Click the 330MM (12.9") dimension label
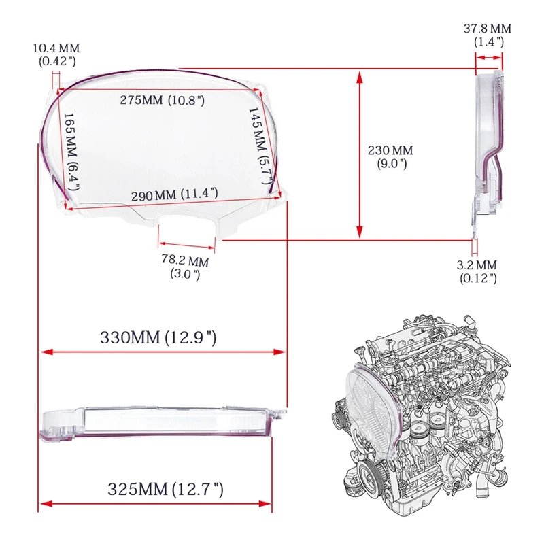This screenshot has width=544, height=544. [158, 337]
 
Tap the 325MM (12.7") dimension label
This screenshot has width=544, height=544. [165, 488]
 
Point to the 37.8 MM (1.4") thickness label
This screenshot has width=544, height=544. [488, 35]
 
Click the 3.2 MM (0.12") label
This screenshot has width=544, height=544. [477, 271]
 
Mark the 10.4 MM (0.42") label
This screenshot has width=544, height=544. [55, 54]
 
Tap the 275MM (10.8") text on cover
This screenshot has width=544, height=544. [163, 100]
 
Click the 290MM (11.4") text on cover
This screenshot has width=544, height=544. [175, 194]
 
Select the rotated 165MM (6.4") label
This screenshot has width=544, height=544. [71, 151]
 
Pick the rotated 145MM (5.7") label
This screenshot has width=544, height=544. [259, 145]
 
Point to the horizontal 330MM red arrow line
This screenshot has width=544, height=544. [163, 352]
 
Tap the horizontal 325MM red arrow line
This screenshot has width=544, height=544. [156, 503]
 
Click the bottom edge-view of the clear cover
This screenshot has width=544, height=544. [160, 422]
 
